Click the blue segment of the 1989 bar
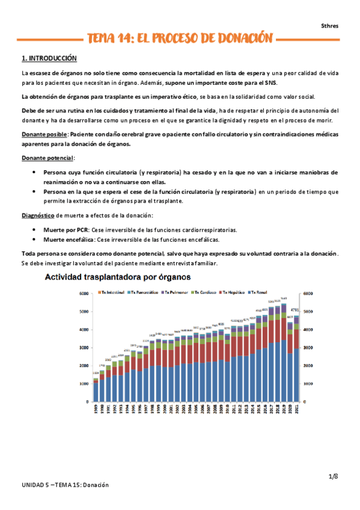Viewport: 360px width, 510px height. pyautogui.click(x=96, y=392)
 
